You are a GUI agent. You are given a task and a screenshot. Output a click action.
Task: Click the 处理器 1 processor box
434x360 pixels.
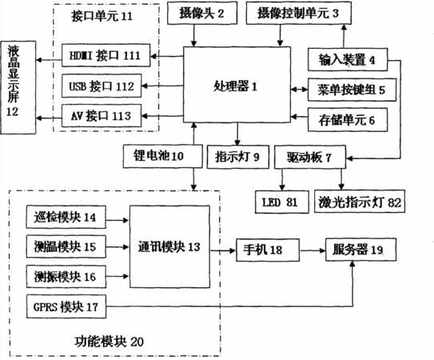pos(237,84)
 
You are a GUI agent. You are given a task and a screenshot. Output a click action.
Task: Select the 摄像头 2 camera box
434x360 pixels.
pos(202,13)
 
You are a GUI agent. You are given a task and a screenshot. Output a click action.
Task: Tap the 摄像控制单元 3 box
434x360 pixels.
pos(299,13)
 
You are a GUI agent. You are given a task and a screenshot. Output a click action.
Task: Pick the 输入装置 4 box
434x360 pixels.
pos(348,59)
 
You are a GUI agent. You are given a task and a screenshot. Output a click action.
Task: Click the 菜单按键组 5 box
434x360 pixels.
pos(352,90)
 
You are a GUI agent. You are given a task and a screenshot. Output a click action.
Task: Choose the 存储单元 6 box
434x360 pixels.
pos(348,120)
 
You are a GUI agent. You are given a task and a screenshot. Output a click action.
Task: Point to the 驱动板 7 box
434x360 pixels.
pos(310,157)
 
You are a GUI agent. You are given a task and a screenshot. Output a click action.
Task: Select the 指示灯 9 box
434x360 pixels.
pos(237,157)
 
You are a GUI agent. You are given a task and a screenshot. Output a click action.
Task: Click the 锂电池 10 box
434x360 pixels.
pos(162,156)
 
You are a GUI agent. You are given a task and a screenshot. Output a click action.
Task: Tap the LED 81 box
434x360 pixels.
pos(282,202)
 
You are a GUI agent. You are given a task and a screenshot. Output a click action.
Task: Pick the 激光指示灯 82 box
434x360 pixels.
pos(360,202)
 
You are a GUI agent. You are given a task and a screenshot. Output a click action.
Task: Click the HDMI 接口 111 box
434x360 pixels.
pos(106,55)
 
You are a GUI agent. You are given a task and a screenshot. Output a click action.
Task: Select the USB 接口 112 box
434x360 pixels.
pos(102,86)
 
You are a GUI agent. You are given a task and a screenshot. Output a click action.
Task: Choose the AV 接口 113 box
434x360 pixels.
pos(102,115)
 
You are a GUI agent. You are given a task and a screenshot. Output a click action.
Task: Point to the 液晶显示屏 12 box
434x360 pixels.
pos(18,87)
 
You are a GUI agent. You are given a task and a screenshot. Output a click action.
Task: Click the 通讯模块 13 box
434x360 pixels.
pos(169,246)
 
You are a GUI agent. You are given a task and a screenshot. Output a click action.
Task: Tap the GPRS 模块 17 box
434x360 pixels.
pos(66,306)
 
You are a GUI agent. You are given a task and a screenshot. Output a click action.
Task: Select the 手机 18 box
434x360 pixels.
pos(268,250)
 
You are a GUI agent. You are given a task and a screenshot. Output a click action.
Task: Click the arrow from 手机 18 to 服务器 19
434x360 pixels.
pos(313,251)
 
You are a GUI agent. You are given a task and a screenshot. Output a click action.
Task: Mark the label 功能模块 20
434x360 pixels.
pos(109,342)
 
